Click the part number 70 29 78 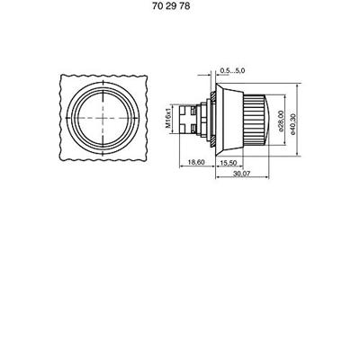click(x=171, y=6)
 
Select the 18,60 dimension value click(x=196, y=162)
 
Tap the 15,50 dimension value click(x=229, y=163)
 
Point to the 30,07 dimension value click(x=242, y=174)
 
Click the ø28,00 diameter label click(x=281, y=121)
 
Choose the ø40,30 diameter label click(x=293, y=124)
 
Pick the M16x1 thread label click(x=168, y=119)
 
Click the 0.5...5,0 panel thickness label click(x=232, y=70)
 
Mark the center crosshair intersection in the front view click(x=103, y=118)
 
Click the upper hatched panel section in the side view click(x=212, y=97)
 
